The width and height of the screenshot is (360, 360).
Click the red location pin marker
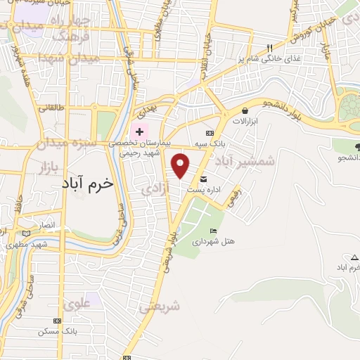pos(181,166)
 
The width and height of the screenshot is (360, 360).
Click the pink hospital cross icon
pos(139,131)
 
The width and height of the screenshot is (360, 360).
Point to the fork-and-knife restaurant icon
pos(269,48)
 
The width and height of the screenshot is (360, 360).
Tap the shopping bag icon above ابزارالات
pos(244,110)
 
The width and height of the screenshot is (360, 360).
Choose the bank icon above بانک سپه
pos(210,133)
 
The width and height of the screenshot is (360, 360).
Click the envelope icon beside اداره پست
pos(204,179)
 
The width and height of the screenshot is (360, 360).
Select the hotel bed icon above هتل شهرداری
pos(214,231)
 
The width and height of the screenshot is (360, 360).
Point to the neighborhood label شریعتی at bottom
pos(160,307)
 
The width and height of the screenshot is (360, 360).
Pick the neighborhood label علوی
pos(77,304)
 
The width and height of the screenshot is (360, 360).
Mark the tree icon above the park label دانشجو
pos(359,147)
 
